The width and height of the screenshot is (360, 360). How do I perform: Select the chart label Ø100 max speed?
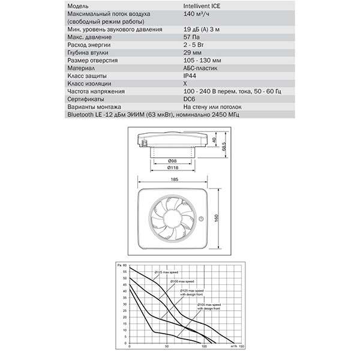coord(182,281)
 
